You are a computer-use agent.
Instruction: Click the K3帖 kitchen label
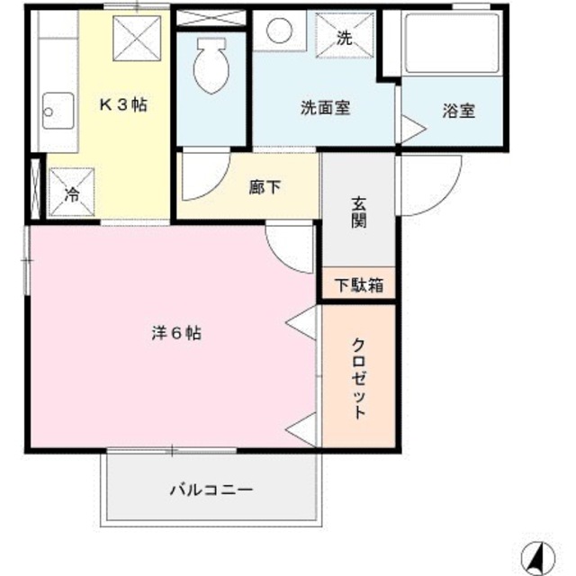[122, 104]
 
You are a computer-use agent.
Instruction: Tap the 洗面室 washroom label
[325, 110]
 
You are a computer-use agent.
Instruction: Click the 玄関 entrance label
[359, 213]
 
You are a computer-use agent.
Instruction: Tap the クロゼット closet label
[359, 378]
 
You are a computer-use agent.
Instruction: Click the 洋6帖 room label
[175, 332]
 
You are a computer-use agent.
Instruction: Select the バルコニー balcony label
[211, 490]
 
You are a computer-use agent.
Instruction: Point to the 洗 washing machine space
[343, 37]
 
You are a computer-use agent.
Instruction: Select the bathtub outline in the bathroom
[450, 45]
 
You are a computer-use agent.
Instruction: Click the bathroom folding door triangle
[410, 128]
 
